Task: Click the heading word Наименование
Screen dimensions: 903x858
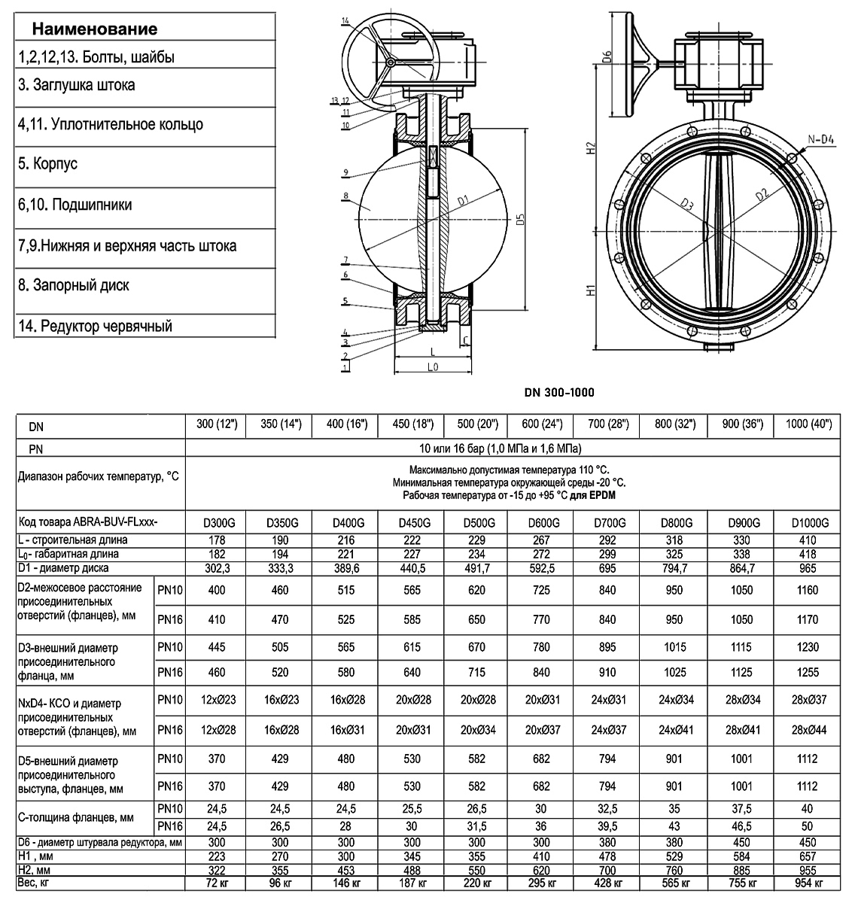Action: click(x=94, y=29)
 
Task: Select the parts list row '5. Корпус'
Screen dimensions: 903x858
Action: click(x=47, y=163)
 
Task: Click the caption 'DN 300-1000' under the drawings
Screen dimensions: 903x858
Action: click(x=559, y=392)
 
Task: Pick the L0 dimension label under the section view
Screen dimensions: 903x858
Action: click(x=433, y=366)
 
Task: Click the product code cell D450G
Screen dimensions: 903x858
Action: click(x=412, y=523)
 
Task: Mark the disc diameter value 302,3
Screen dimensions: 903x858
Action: click(x=217, y=567)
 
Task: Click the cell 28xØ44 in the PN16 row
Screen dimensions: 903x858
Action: click(x=809, y=729)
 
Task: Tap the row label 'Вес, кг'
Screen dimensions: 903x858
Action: click(x=35, y=881)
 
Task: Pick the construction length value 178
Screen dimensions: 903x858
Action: click(x=217, y=540)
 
